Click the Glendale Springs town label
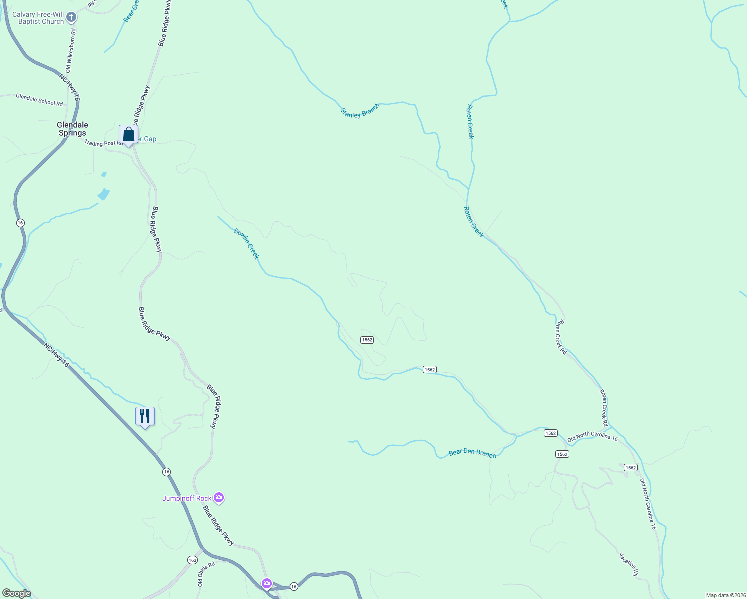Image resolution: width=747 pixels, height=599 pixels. click(72, 129)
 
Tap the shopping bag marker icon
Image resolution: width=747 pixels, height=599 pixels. click(128, 135)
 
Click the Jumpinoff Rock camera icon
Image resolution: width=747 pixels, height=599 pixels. click(218, 497)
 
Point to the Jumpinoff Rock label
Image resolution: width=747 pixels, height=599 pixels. click(187, 498)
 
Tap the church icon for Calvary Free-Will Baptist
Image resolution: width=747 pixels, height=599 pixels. click(71, 18)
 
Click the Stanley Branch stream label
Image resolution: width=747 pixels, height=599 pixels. click(360, 111)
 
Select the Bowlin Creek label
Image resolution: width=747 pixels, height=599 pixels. click(247, 243)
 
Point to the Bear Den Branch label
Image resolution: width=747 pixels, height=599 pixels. click(472, 453)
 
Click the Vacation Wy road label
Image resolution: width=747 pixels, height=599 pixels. click(629, 564)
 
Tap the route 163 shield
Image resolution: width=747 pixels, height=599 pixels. click(192, 560)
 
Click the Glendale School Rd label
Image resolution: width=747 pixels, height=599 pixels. click(39, 100)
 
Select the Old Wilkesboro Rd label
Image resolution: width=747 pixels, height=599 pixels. click(71, 50)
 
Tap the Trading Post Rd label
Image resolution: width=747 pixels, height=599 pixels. click(103, 143)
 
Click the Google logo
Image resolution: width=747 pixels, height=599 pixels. click(16, 593)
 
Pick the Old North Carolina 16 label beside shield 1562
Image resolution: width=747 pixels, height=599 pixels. click(592, 437)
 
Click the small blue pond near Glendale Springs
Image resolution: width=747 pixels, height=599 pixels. click(104, 193)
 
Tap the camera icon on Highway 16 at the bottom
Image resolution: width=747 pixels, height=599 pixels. click(267, 583)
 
